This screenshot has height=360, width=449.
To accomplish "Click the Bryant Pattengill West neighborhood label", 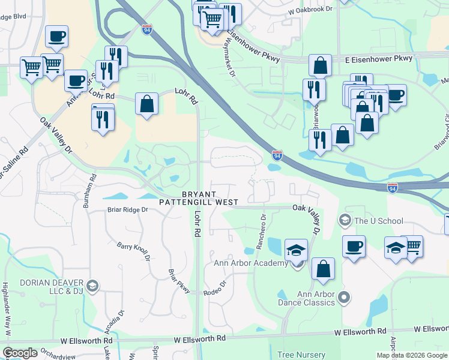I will pyautogui.click(x=199, y=198).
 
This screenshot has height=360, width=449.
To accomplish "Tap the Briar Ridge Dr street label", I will pyautogui.click(x=128, y=210).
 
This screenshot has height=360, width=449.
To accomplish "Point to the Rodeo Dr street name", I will pyautogui.click(x=217, y=287).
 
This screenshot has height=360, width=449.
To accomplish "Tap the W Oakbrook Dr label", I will pyautogui.click(x=310, y=10).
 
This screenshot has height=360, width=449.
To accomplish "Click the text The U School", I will pyautogui.click(x=379, y=221).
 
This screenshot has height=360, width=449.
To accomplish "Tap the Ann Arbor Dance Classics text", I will pyautogui.click(x=316, y=298).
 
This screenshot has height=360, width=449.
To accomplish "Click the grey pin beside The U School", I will pyautogui.click(x=345, y=221).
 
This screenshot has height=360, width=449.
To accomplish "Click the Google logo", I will pyautogui.click(x=20, y=353).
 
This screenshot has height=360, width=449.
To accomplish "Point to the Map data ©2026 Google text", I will pyautogui.click(x=411, y=355).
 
